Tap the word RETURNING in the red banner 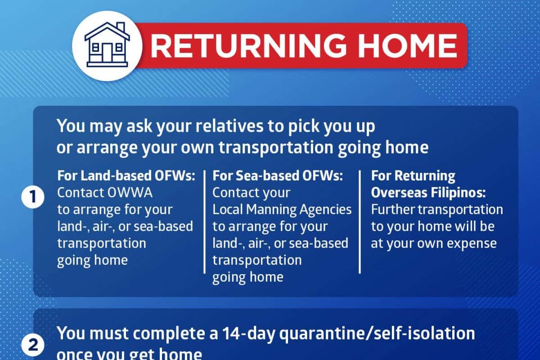click(248, 46)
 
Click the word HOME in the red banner click(408, 46)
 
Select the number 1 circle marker click(33, 197)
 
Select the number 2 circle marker click(33, 345)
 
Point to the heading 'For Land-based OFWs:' click(126, 176)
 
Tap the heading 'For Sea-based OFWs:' click(278, 176)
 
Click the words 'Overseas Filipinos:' click(428, 193)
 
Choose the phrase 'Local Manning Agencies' click(282, 210)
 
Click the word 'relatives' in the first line click(229, 126)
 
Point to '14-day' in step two click(248, 333)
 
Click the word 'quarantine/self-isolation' click(377, 333)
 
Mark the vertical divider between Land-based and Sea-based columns click(204, 222)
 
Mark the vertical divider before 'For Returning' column click(360, 222)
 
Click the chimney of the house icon click(121, 27)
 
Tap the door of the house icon click(107, 53)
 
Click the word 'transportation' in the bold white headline click(276, 147)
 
